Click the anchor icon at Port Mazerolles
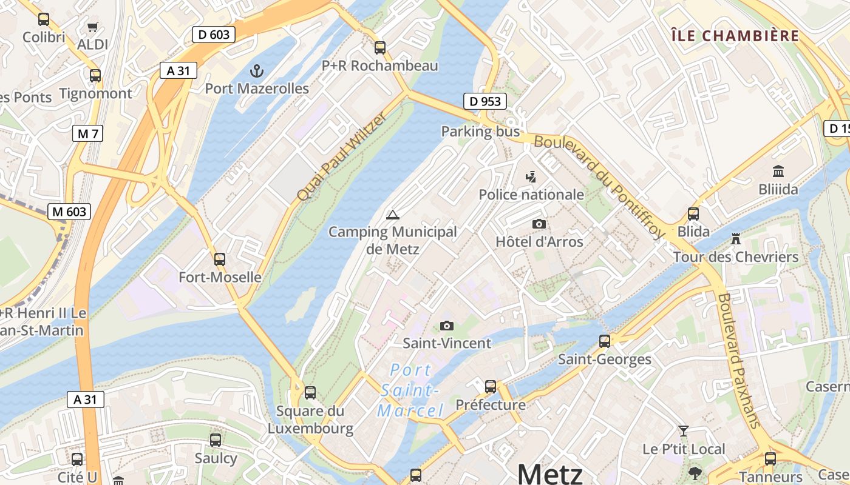coord(257,71)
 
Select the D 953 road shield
coord(485,101)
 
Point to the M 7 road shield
coord(87,134)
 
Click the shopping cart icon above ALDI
coord(92,27)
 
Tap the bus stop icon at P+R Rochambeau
coord(380,47)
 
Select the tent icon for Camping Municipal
coord(393,214)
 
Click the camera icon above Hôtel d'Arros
coord(539,224)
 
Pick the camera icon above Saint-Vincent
coord(447,326)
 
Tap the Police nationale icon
coord(531,176)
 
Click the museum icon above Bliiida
coord(778,172)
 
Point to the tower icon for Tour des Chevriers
coord(736,238)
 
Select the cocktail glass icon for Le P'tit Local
coord(684,431)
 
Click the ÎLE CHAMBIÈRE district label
coord(735,36)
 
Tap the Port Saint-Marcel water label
coord(411,390)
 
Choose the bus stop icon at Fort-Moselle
coord(220,259)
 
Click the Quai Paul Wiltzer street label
coord(341,157)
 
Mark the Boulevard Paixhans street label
coord(739,361)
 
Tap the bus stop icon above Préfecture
coord(491,386)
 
